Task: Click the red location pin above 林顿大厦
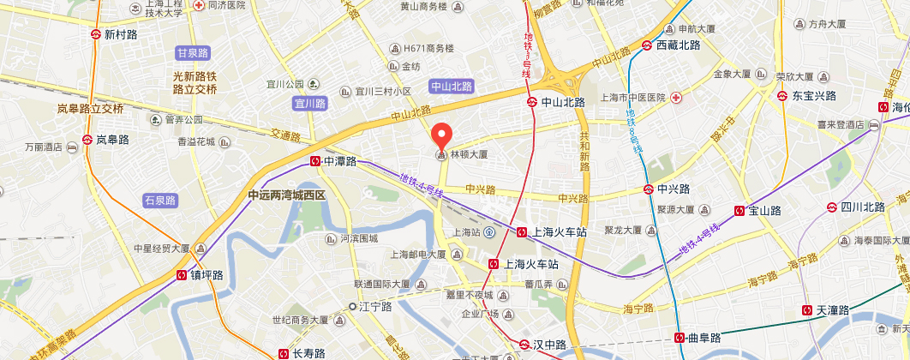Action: pyautogui.click(x=441, y=136)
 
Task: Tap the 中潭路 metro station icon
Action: pyautogui.click(x=316, y=160)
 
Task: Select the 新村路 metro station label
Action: pyautogui.click(x=120, y=35)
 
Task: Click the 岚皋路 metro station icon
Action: pyautogui.click(x=87, y=140)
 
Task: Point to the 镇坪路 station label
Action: pyautogui.click(x=207, y=275)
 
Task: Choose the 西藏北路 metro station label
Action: pyautogui.click(x=678, y=45)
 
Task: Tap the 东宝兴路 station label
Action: pyautogui.click(x=813, y=95)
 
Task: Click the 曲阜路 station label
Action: pyautogui.click(x=705, y=337)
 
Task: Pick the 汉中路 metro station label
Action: pyautogui.click(x=549, y=345)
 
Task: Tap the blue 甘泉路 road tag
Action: pyautogui.click(x=193, y=53)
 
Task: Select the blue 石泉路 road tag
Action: pyautogui.click(x=160, y=201)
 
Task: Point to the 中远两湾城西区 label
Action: pyautogui.click(x=287, y=195)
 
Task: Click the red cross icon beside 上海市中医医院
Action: pyautogui.click(x=676, y=98)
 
